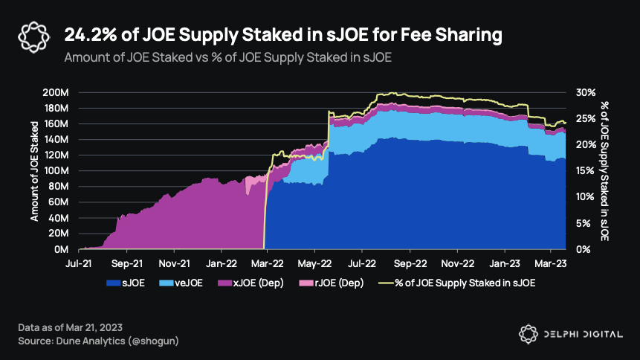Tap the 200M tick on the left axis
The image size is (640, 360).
pyautogui.click(x=56, y=93)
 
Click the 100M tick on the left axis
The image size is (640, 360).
pyautogui.click(x=56, y=171)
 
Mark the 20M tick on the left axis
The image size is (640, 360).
pyautogui.click(x=59, y=234)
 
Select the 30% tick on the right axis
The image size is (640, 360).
pyautogui.click(x=584, y=93)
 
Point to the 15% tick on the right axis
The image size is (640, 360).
pyautogui.click(x=584, y=171)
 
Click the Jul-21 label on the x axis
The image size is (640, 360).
pyautogui.click(x=79, y=263)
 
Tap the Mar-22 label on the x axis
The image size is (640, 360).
pyautogui.click(x=268, y=263)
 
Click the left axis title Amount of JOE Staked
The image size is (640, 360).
pyautogui.click(x=35, y=170)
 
